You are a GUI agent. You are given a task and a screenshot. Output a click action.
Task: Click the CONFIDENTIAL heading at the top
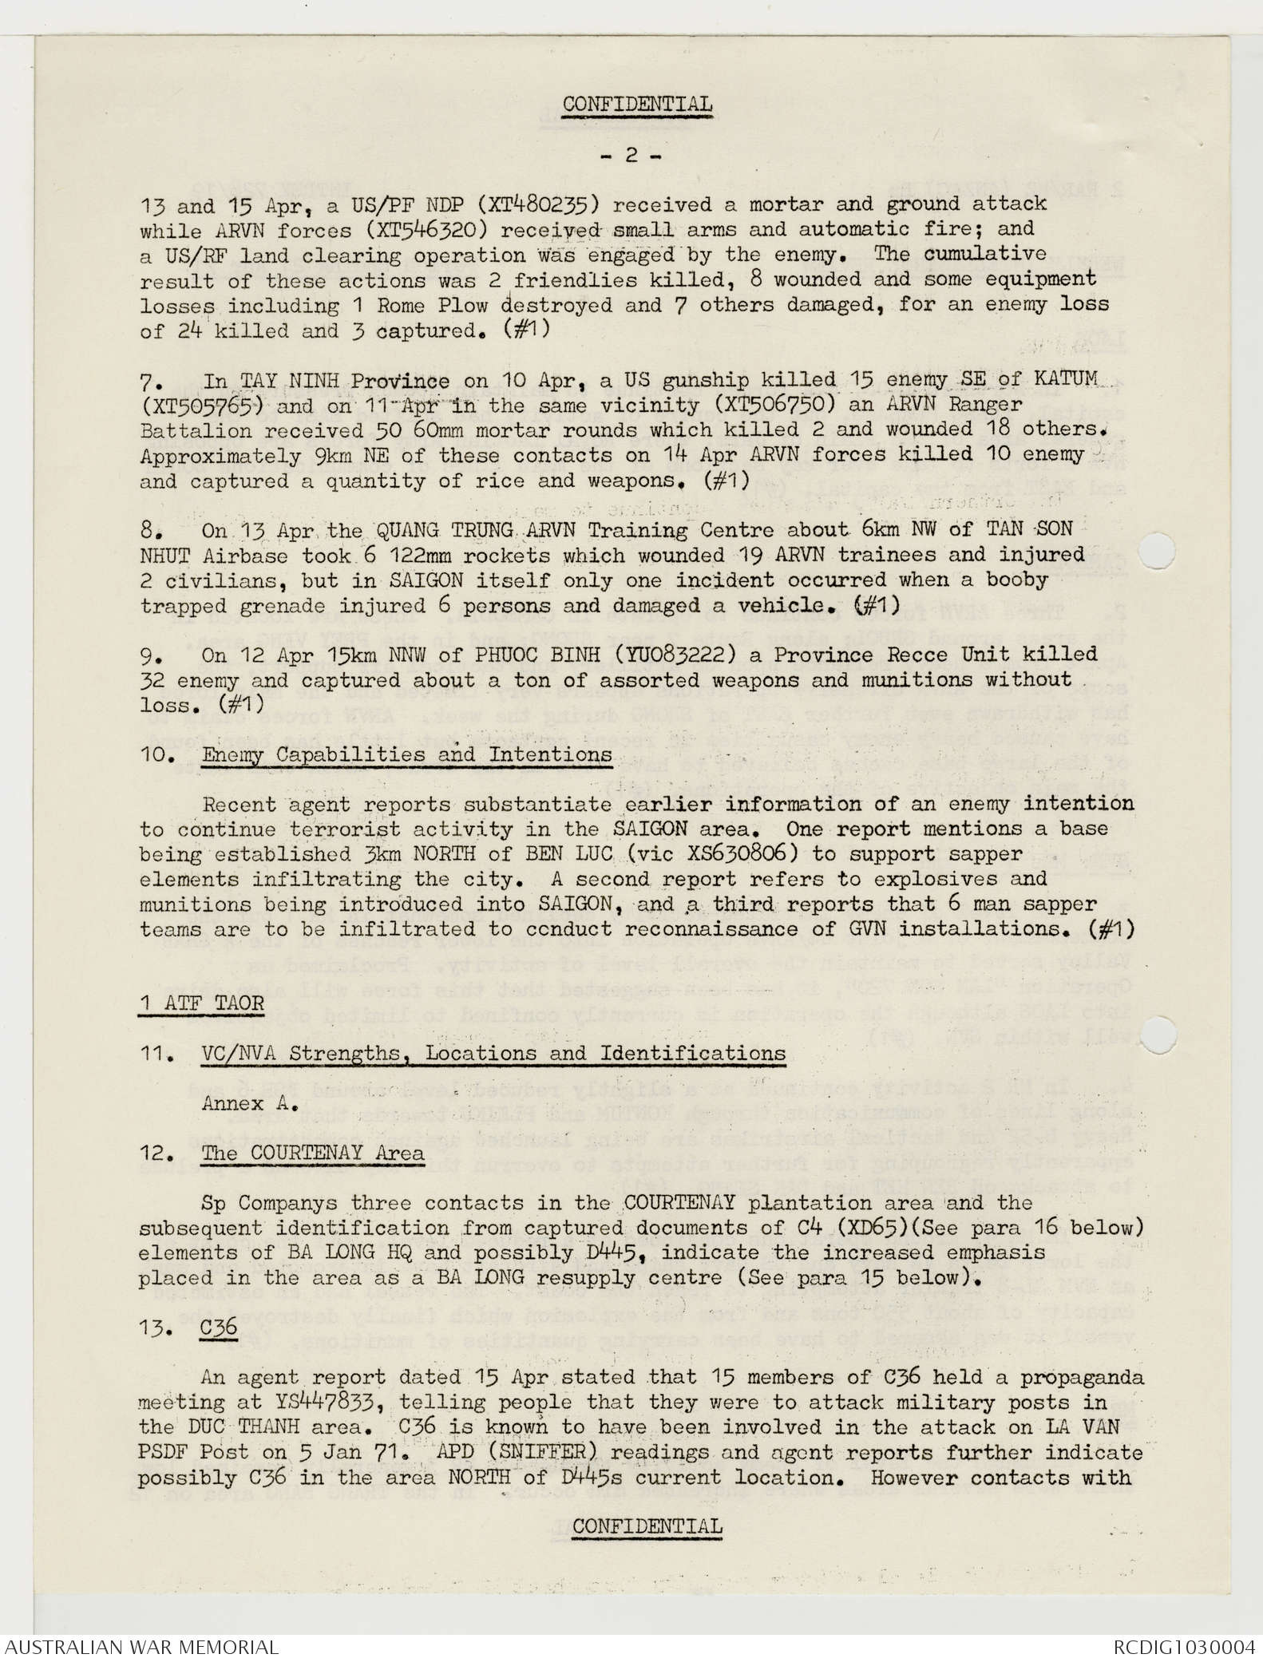637,104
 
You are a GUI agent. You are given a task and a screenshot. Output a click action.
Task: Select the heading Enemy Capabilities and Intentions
407,754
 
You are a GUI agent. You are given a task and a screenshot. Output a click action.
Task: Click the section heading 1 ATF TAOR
201,1003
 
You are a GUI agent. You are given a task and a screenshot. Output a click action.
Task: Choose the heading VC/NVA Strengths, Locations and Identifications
493,1053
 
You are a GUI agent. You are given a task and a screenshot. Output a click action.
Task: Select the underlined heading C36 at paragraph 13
220,1327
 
